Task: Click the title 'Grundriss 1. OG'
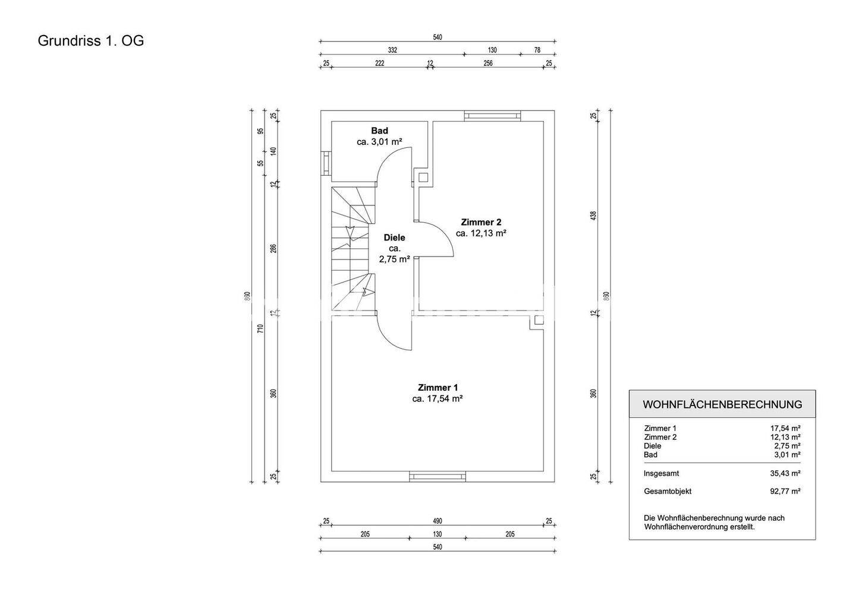(91, 41)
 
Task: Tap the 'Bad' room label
(379, 131)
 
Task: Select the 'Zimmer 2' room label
(481, 222)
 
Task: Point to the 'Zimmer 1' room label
(438, 387)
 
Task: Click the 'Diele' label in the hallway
(394, 237)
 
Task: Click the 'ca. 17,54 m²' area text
(438, 399)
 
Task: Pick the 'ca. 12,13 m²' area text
(481, 233)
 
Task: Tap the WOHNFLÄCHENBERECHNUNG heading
(722, 404)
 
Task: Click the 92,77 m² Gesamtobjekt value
(785, 491)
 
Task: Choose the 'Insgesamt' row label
(661, 473)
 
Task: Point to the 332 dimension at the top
(392, 50)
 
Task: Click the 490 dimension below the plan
(438, 521)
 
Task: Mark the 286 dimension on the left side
(273, 248)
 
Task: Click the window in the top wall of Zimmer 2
(492, 115)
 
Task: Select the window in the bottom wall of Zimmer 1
(438, 476)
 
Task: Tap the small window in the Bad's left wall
(326, 162)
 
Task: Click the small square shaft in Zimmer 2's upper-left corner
(424, 176)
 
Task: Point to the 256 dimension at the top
(488, 63)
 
